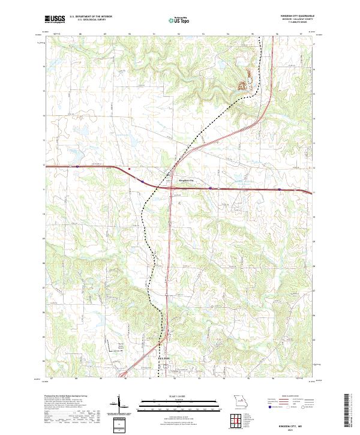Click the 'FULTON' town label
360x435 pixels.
click(x=163, y=358)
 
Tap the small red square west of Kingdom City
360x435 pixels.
click(x=128, y=169)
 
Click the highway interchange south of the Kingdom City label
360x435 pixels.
click(x=171, y=188)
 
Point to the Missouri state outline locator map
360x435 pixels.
click(x=240, y=401)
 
